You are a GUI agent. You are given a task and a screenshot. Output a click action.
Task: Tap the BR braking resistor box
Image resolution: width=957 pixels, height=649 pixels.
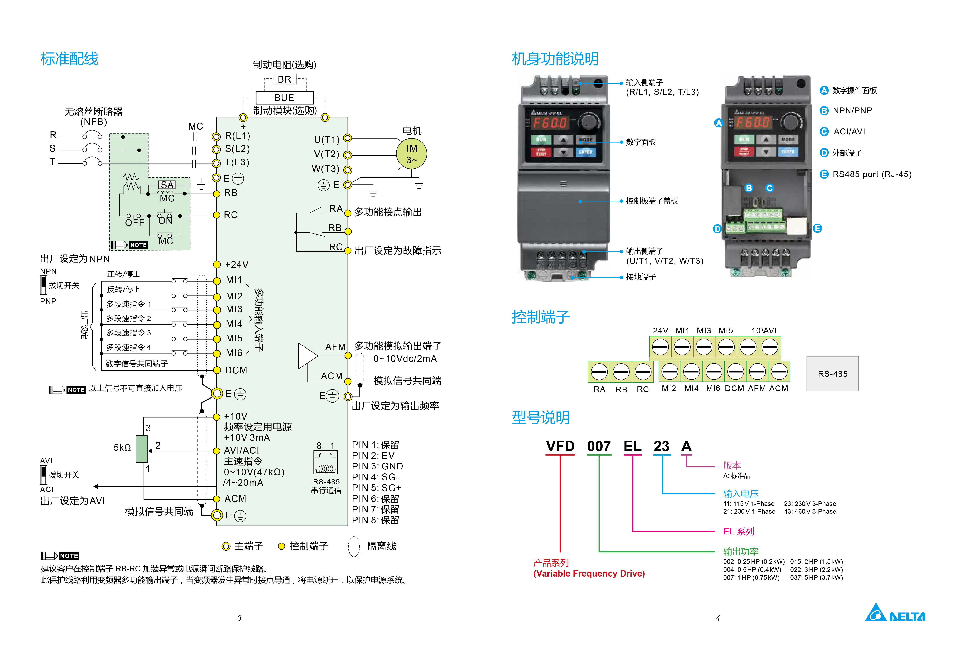coord(285,79)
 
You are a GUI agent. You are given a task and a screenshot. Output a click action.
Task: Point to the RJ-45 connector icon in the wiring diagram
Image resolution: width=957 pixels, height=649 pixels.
coord(325,463)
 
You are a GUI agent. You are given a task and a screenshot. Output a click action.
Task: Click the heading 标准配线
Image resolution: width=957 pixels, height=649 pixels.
coord(69,59)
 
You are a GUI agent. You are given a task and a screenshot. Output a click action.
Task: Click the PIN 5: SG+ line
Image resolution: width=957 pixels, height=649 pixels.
coord(376,488)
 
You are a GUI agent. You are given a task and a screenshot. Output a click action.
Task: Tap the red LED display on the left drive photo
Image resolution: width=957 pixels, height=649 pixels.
coord(550,123)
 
